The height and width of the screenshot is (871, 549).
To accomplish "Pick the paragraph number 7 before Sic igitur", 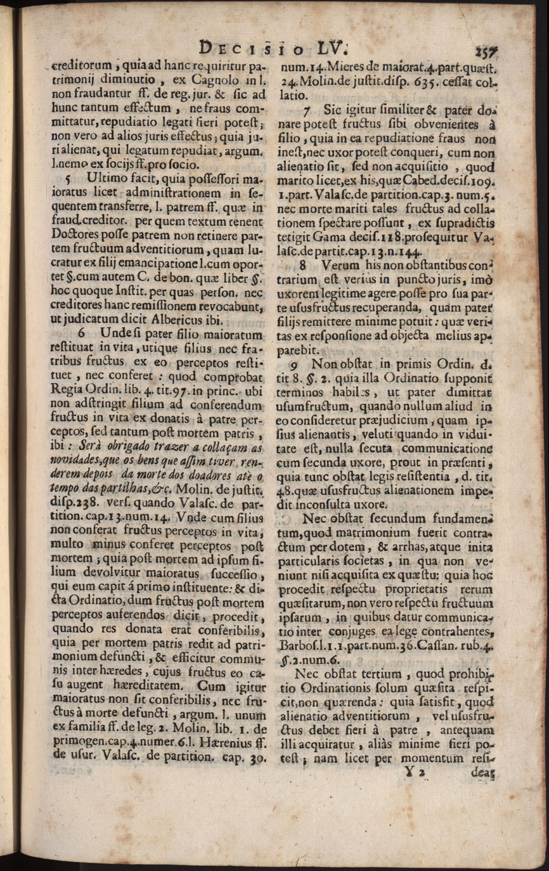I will [306, 108].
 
